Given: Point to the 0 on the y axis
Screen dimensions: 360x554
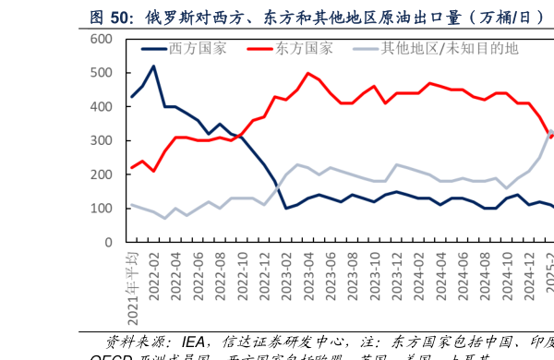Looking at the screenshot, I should pos(108,243).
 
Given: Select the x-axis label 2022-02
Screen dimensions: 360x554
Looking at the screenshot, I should pos(154,273).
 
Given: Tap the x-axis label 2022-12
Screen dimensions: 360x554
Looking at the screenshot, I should pos(264,273).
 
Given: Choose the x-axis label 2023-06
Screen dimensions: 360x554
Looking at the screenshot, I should pos(331,273).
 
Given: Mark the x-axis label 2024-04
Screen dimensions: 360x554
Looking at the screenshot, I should pos(441,273).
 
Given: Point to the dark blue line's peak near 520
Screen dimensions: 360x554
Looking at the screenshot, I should pos(153,66).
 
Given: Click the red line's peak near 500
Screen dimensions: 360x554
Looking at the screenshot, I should pos(307,73).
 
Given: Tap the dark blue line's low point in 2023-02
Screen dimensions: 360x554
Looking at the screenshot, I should pos(286,209).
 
